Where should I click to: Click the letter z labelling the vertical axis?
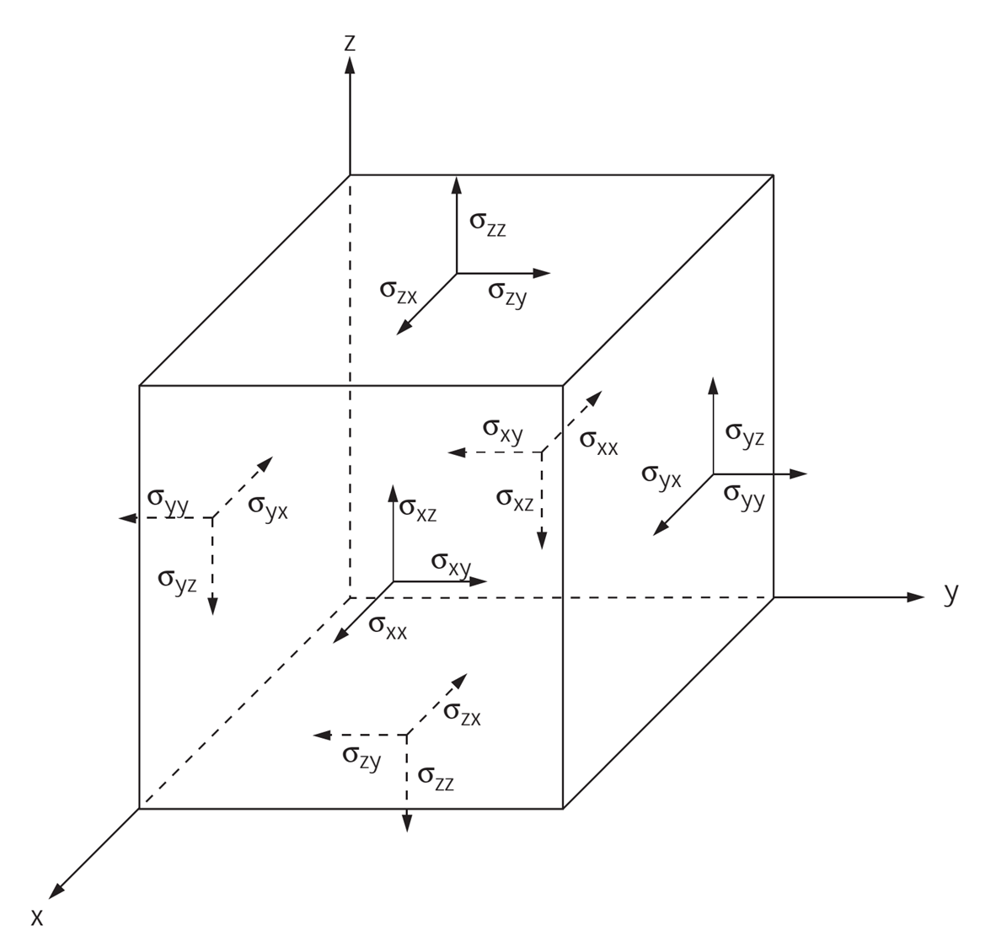point(350,42)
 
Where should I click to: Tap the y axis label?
point(951,593)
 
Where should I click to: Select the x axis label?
point(36,917)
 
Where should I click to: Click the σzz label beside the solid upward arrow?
point(488,223)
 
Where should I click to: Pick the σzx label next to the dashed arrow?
point(462,714)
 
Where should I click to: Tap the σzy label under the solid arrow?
point(507,293)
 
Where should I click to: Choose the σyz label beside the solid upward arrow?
point(745,432)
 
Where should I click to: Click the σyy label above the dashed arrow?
point(168,498)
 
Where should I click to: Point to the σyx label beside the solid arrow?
point(661,476)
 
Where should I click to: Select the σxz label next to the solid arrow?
point(418,509)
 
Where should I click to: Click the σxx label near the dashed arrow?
point(599,442)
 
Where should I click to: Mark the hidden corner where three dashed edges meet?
point(350,597)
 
